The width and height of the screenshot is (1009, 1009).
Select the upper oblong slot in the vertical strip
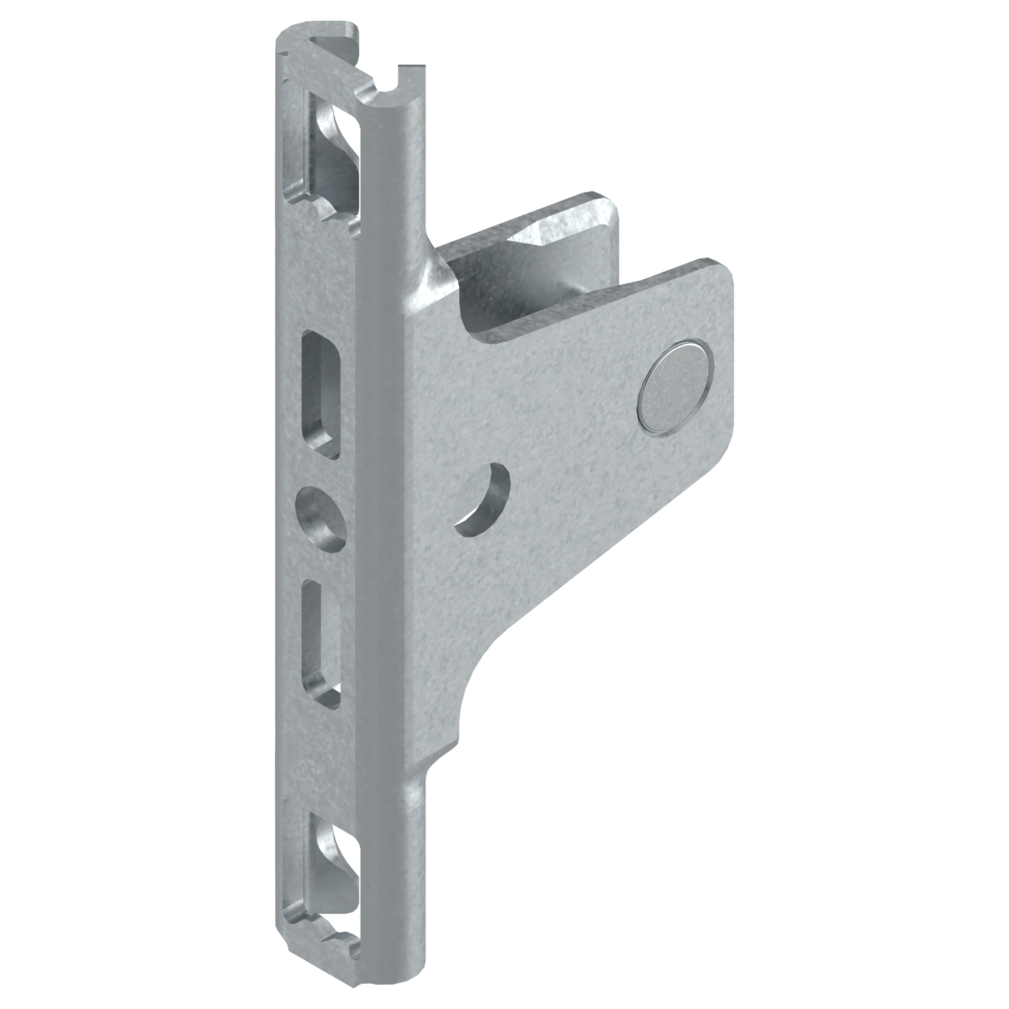tap(320, 393)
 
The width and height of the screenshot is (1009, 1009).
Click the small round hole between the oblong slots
tap(320, 512)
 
